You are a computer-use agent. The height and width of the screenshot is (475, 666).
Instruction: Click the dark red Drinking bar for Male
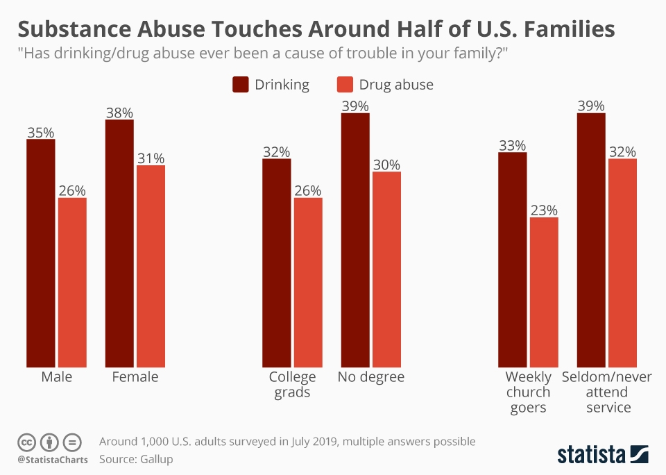click(x=41, y=253)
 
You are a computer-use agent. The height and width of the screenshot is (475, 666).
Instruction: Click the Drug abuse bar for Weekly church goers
click(x=544, y=292)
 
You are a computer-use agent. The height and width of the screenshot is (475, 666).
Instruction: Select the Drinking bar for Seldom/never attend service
click(x=591, y=240)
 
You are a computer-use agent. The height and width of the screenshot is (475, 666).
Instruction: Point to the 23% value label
click(x=544, y=210)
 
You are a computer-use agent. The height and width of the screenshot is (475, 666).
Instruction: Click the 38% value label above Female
click(x=119, y=112)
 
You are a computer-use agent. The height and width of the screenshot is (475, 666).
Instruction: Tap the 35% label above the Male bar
click(x=41, y=132)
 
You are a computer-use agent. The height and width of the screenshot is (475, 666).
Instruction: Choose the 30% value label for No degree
click(x=386, y=165)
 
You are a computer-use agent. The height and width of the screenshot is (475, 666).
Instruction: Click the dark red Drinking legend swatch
click(x=241, y=85)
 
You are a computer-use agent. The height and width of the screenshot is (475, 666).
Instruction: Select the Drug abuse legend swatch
click(x=345, y=85)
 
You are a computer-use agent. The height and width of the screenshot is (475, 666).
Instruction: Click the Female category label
click(x=135, y=377)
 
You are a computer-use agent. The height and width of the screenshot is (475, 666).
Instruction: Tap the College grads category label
click(x=292, y=385)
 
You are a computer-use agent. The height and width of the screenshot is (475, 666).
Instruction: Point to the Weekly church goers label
click(x=529, y=392)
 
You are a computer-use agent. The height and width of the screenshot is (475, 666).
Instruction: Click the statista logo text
click(x=591, y=455)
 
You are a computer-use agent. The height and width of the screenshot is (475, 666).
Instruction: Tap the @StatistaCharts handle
click(x=53, y=460)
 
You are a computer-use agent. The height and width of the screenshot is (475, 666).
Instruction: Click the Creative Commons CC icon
click(x=26, y=442)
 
